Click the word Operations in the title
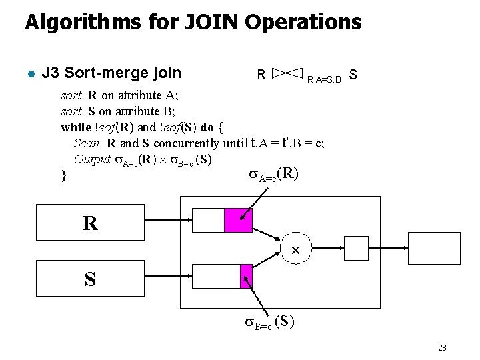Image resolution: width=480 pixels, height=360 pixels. pyautogui.click(x=303, y=22)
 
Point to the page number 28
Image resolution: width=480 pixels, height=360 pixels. pyautogui.click(x=442, y=347)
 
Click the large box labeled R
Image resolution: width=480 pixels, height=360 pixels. pyautogui.click(x=90, y=223)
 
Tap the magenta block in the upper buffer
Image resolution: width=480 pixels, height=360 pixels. pyautogui.click(x=238, y=220)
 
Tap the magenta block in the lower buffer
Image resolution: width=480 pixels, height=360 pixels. pyautogui.click(x=246, y=276)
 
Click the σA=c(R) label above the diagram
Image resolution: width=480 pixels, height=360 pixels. pyautogui.click(x=273, y=174)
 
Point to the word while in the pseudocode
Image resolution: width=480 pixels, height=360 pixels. pyautogui.click(x=76, y=127)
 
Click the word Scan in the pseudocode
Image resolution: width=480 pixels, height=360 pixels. pyautogui.click(x=87, y=143)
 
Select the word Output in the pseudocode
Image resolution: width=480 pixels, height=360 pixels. pyautogui.click(x=92, y=159)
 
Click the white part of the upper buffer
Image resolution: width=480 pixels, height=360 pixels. pyautogui.click(x=208, y=220)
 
